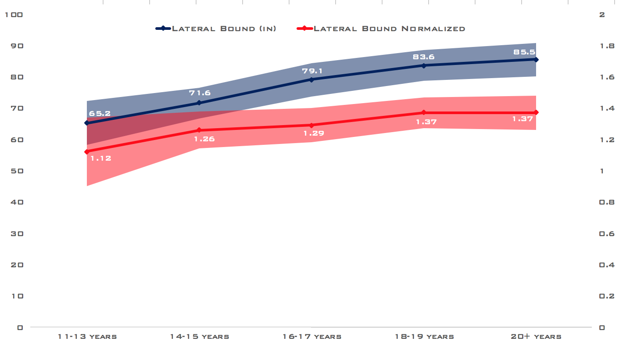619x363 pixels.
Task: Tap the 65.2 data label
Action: (100, 114)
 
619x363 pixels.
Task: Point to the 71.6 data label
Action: (200, 93)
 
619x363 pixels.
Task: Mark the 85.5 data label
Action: (524, 52)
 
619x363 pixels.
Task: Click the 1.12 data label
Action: (100, 158)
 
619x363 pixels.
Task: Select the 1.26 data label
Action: (204, 139)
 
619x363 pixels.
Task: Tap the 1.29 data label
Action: (314, 133)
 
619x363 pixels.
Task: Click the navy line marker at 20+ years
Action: (536, 59)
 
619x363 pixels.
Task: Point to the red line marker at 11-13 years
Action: (87, 152)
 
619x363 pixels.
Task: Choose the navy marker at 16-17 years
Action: (311, 79)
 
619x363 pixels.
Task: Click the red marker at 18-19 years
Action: (424, 113)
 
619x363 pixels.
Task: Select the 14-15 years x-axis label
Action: (200, 337)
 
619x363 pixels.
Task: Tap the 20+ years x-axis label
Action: (536, 337)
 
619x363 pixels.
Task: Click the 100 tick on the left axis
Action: (14, 15)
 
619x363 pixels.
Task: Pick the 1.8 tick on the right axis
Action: (607, 46)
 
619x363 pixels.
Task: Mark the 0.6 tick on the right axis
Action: (607, 234)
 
